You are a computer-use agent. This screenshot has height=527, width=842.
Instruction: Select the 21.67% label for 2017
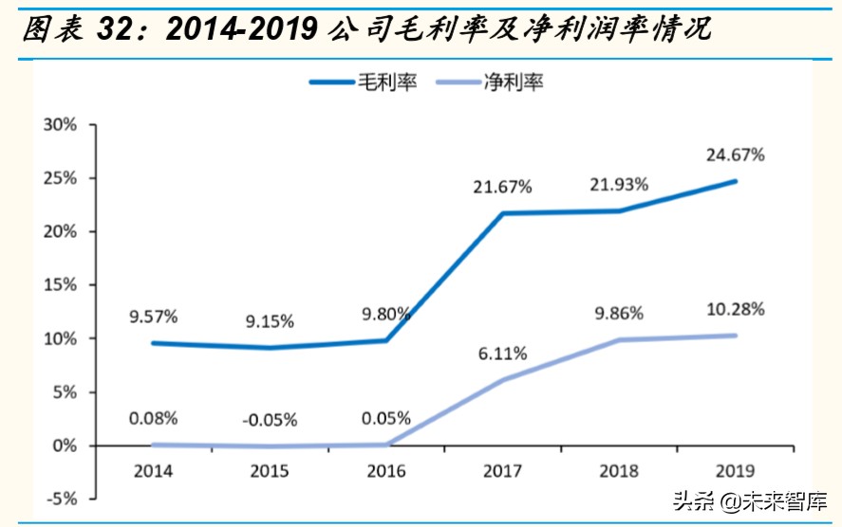pyautogui.click(x=502, y=187)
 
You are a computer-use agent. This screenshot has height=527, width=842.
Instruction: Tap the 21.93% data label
pyautogui.click(x=618, y=184)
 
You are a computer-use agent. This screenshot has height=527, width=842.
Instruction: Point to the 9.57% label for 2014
pyautogui.click(x=154, y=317)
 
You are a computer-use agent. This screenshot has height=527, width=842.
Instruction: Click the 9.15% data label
pyautogui.click(x=270, y=322)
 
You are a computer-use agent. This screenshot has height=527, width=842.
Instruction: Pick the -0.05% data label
pyautogui.click(x=269, y=419)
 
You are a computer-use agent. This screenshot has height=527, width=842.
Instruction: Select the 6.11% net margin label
pyautogui.click(x=503, y=354)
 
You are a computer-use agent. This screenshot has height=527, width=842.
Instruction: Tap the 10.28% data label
pyautogui.click(x=735, y=309)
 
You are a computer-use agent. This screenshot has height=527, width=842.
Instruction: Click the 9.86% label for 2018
pyautogui.click(x=618, y=313)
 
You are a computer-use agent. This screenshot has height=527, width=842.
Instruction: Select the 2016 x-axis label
pyautogui.click(x=385, y=470)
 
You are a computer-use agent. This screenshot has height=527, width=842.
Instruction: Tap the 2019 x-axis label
pyautogui.click(x=735, y=470)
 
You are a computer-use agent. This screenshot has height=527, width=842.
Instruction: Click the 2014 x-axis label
pyautogui.click(x=154, y=470)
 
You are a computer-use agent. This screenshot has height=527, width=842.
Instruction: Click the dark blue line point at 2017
pyautogui.click(x=502, y=213)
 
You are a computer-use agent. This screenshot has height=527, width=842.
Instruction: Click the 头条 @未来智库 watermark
pyautogui.click(x=750, y=500)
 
